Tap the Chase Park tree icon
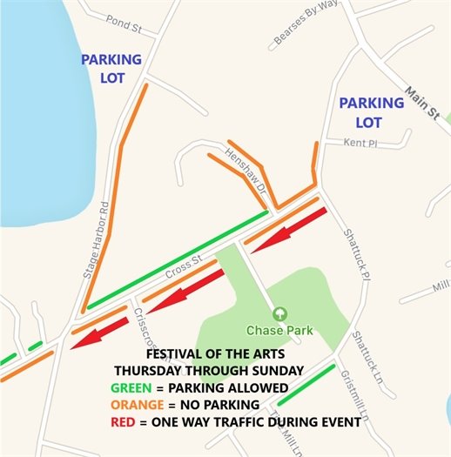tap(279, 313)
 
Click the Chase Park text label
tap(279, 331)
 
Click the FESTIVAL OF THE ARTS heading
tap(224, 355)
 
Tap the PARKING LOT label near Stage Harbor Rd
tap(111, 69)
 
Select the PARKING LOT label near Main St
tap(372, 112)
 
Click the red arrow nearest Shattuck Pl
tap(288, 229)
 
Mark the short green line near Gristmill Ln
tap(306, 385)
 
